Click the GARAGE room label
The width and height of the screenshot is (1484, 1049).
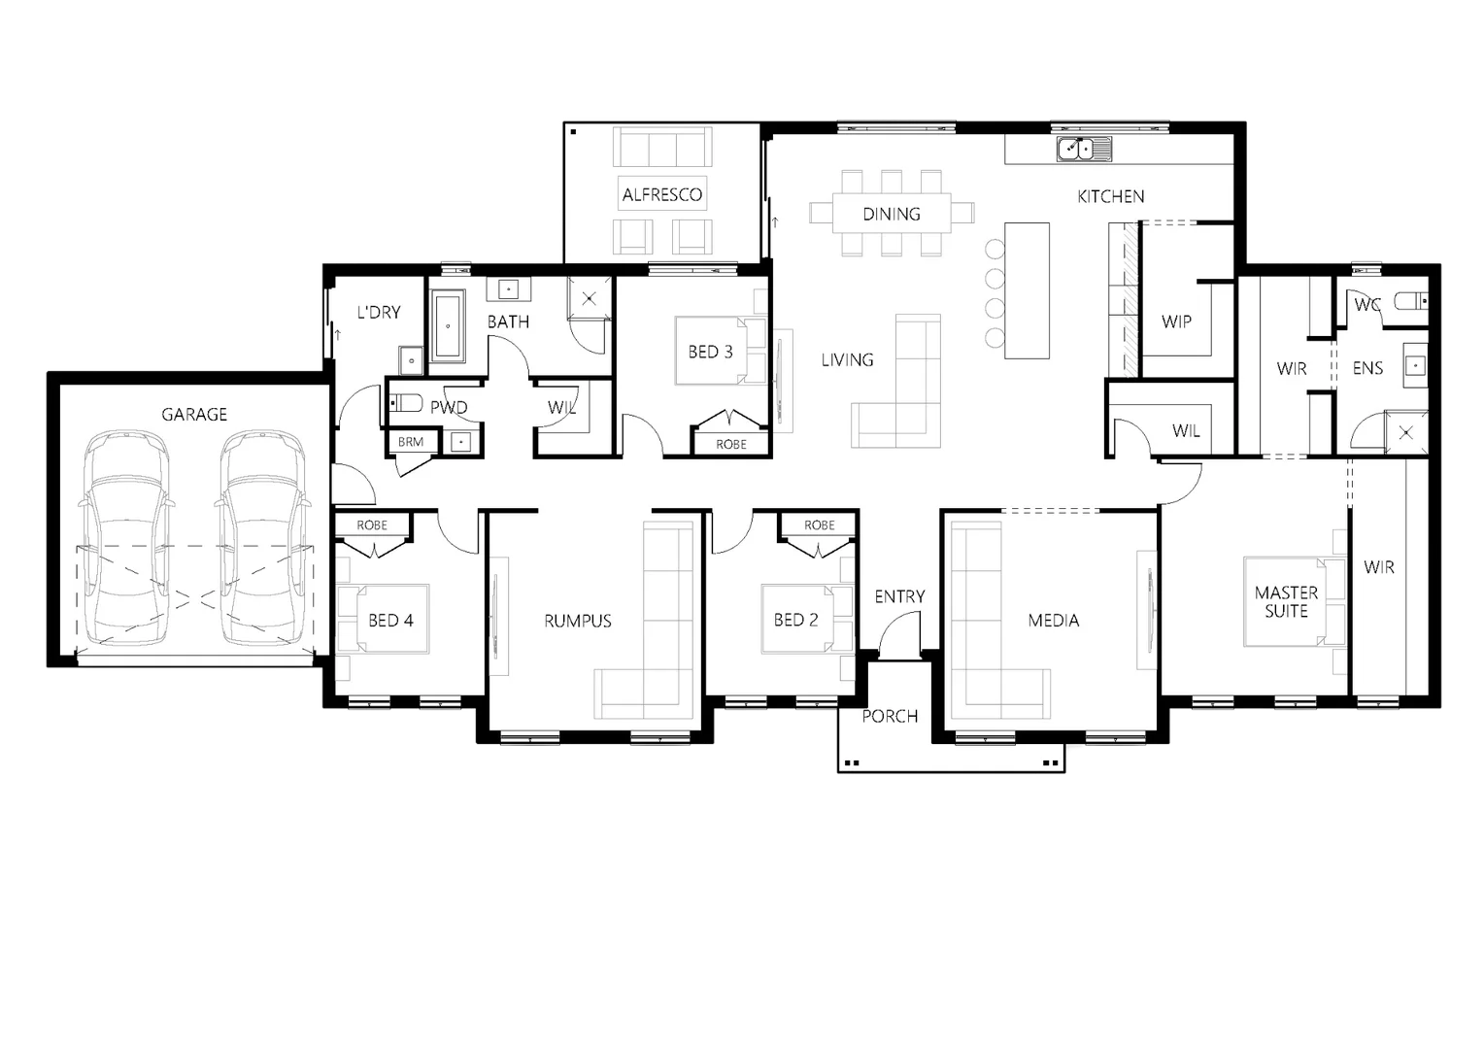(194, 415)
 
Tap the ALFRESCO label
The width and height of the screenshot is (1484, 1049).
(662, 194)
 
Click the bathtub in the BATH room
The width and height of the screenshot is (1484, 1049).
(448, 325)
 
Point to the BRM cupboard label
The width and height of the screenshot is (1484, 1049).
(410, 442)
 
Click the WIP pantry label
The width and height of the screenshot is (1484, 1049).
(1176, 321)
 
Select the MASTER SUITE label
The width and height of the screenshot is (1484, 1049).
(1286, 601)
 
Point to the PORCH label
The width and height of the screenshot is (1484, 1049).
(890, 717)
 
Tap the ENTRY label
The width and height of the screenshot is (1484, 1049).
(899, 596)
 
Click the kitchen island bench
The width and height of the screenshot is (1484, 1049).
(1028, 289)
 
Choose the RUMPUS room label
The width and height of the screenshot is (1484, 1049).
(578, 621)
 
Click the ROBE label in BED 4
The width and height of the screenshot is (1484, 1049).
(372, 525)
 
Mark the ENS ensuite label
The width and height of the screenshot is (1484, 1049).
(1367, 369)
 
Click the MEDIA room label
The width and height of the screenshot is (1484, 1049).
(1054, 620)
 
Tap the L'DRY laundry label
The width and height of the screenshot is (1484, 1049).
(379, 313)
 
